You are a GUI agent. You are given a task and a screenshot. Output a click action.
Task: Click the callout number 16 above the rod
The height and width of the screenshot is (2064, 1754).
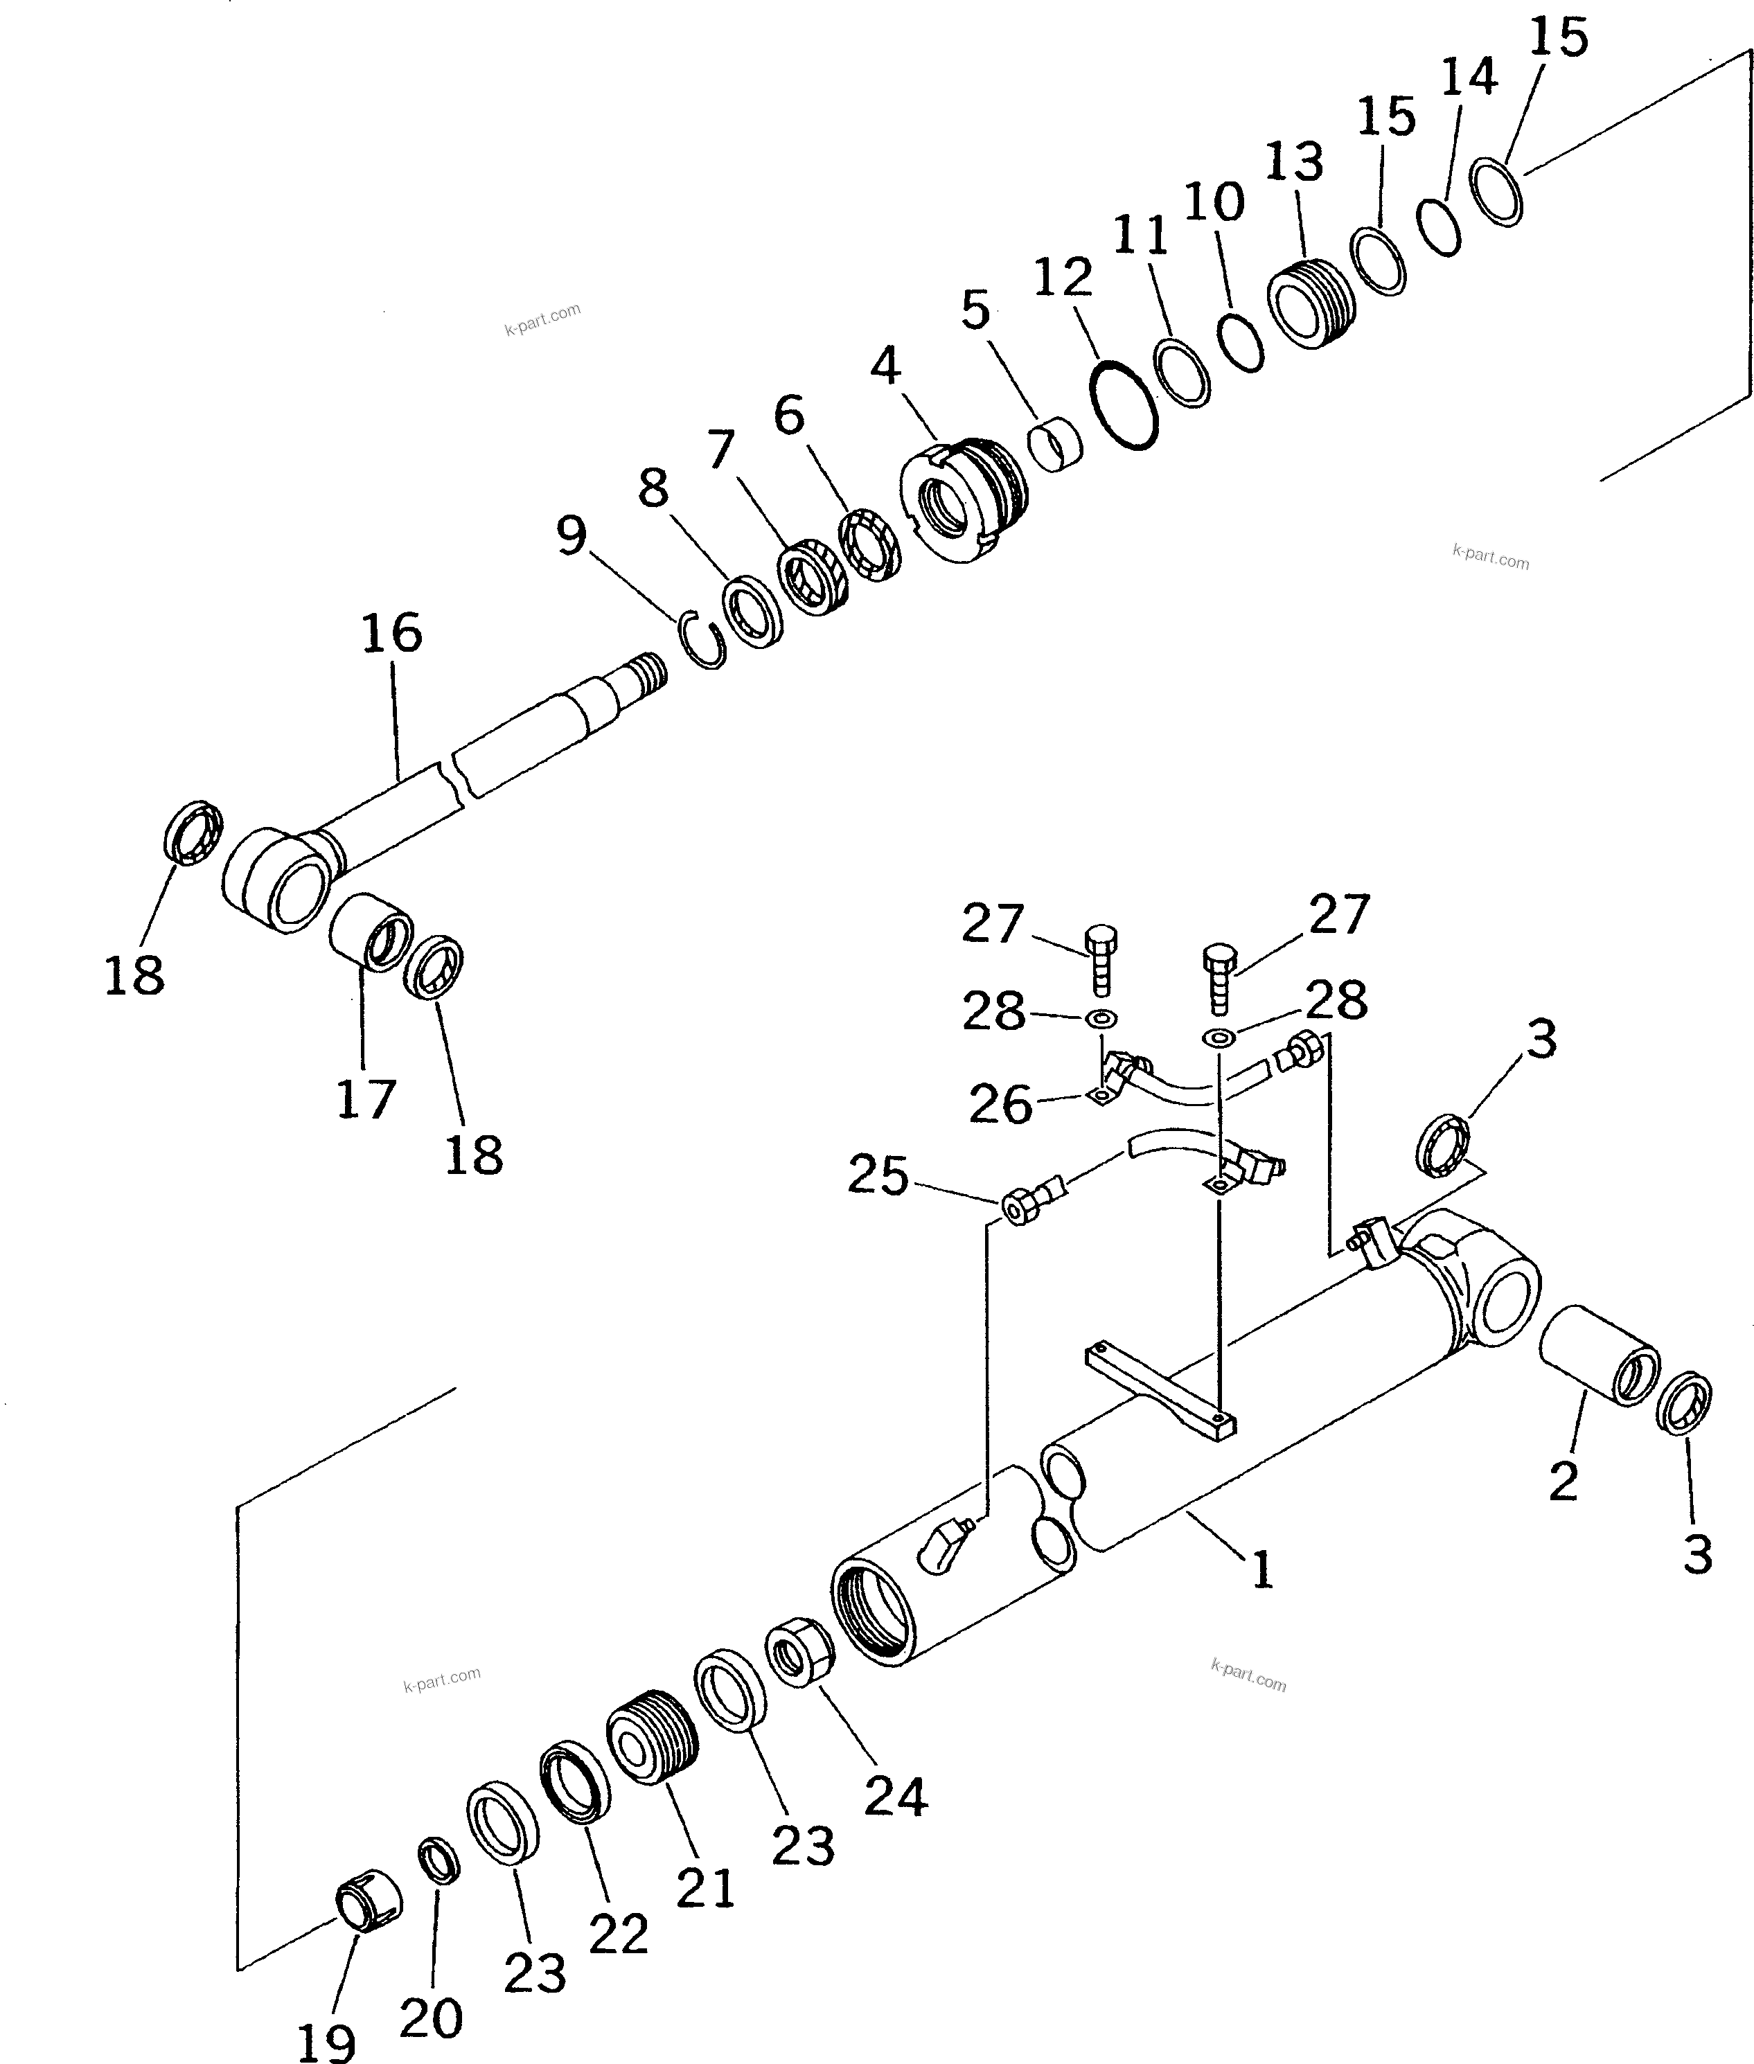click(x=392, y=633)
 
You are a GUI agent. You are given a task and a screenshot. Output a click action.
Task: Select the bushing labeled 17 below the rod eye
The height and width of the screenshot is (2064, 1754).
click(x=370, y=932)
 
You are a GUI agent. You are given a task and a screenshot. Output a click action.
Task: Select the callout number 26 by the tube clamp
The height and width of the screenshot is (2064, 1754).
click(x=1001, y=1105)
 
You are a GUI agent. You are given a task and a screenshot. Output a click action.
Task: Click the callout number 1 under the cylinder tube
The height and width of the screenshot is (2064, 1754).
click(x=1261, y=1572)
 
